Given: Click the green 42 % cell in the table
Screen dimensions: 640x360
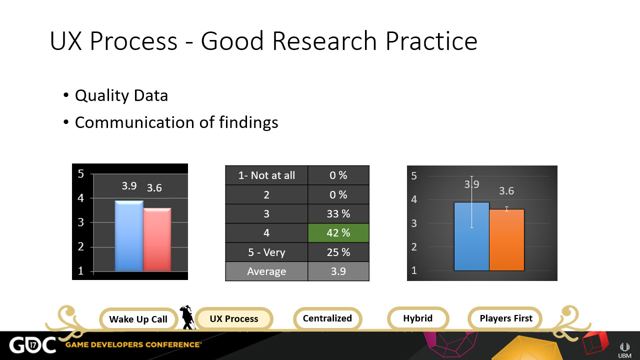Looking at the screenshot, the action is [x=338, y=233].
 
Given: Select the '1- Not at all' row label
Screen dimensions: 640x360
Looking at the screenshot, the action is [x=266, y=175].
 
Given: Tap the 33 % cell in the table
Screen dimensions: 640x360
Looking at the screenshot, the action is [x=338, y=213].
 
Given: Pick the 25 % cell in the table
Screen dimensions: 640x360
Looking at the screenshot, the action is [x=338, y=252].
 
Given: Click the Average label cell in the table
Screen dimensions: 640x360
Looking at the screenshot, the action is [x=266, y=271].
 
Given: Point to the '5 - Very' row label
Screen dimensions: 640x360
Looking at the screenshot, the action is [x=266, y=252].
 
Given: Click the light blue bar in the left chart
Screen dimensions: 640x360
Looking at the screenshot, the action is [x=129, y=235].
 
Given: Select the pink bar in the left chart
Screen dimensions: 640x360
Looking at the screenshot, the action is [x=157, y=239].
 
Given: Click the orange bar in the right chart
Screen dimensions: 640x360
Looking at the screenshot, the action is [x=506, y=240].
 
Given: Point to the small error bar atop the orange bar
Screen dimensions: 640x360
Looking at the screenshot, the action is [x=506, y=209].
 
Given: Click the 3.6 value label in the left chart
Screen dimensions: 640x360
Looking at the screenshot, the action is [x=154, y=188].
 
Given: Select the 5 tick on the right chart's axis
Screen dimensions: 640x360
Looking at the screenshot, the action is [x=414, y=176].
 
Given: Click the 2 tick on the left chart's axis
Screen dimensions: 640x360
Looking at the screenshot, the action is [x=81, y=246].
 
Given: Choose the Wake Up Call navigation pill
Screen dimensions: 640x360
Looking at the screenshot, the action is [x=138, y=319].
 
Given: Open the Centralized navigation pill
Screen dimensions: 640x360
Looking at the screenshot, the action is [x=327, y=318].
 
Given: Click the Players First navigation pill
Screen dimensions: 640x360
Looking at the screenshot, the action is [x=506, y=318].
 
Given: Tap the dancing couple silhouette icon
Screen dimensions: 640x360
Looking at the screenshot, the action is [x=187, y=317].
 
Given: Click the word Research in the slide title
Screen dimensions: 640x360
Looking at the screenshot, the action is [x=324, y=41].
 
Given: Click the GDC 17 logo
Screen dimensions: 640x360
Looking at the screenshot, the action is [x=32, y=345].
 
